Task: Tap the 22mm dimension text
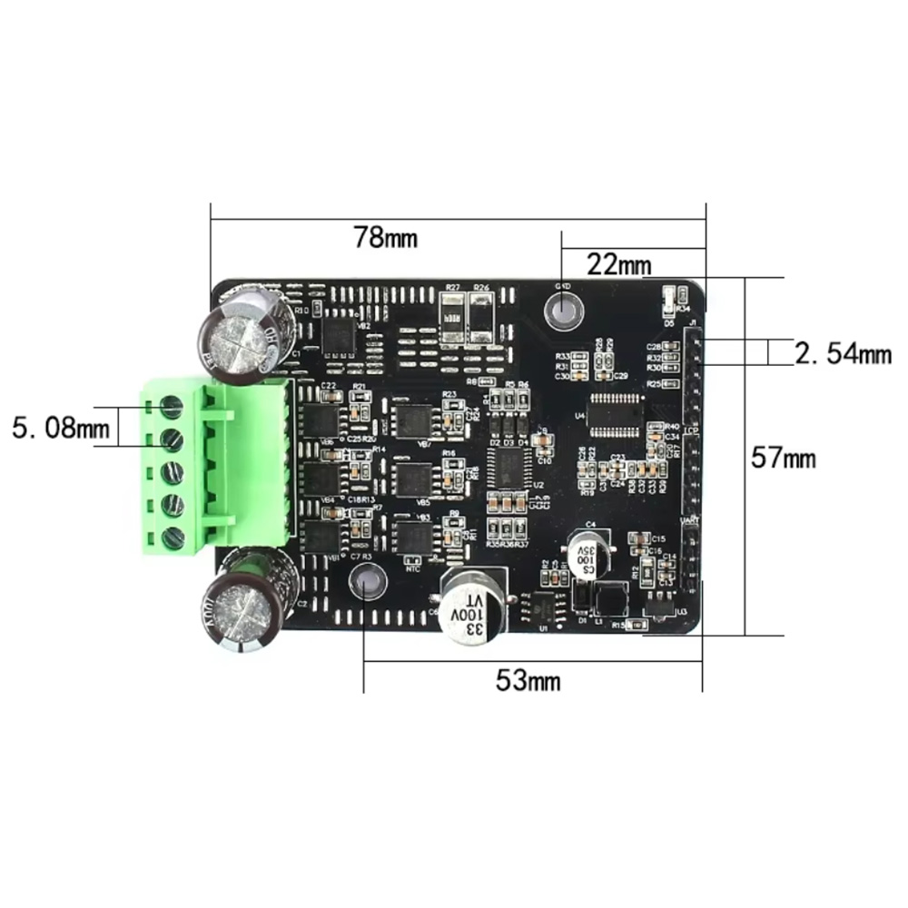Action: [x=619, y=265]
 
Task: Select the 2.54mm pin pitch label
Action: [x=842, y=352]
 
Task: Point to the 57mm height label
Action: [x=783, y=459]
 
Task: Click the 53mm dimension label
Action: [x=528, y=680]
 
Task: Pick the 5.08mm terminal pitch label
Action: [x=59, y=426]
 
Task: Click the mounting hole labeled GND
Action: [x=563, y=311]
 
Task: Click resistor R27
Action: [x=452, y=318]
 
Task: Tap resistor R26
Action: [x=480, y=318]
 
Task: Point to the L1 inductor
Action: [x=606, y=598]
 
